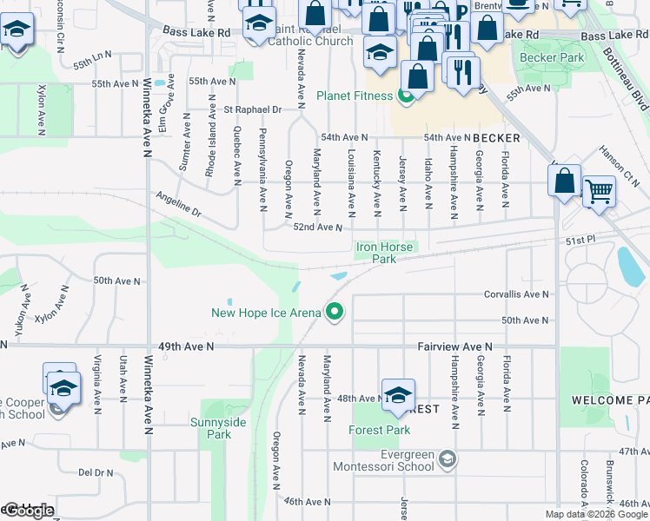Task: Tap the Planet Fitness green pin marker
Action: [x=405, y=96]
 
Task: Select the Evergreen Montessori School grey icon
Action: [x=446, y=458]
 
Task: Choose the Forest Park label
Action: [x=379, y=430]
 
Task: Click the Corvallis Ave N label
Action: [x=516, y=294]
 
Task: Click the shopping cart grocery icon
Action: [x=599, y=191]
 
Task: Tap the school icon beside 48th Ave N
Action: [x=398, y=395]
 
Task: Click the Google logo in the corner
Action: [x=28, y=511]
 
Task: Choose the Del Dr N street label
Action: [x=96, y=472]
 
